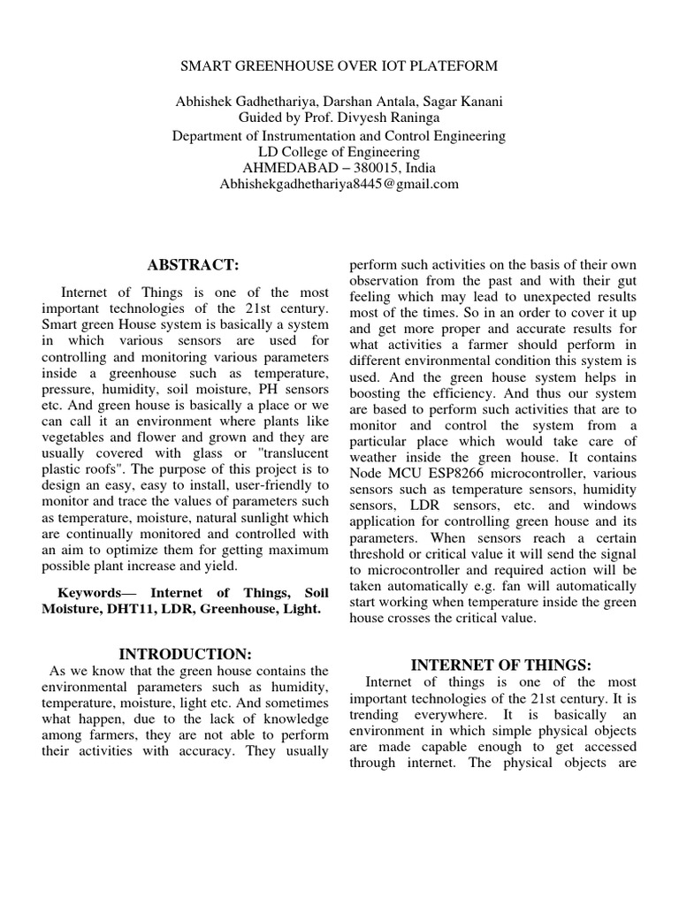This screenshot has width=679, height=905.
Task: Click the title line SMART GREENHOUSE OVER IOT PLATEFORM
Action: coord(339,65)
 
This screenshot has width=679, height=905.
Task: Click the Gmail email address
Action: coord(339,184)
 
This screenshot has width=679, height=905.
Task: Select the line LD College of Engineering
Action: coord(339,152)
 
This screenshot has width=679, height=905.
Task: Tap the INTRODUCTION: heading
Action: coord(186,654)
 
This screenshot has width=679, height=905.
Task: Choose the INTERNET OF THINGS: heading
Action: coord(500,665)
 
